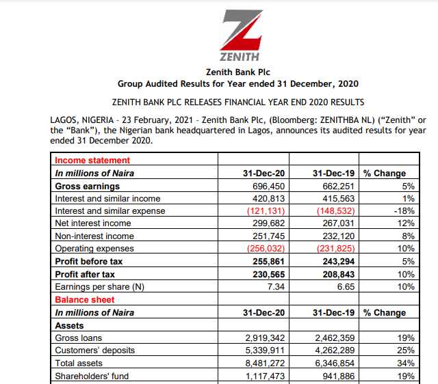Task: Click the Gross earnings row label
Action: click(x=87, y=186)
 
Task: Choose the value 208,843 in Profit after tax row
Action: click(x=336, y=274)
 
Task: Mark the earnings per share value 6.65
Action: click(x=344, y=287)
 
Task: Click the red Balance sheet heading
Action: click(x=85, y=299)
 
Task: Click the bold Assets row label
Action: click(x=69, y=325)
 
